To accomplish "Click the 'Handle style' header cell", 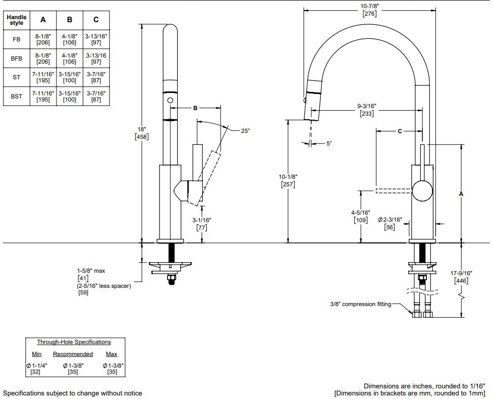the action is click(16, 20).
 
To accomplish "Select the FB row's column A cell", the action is click(43, 39).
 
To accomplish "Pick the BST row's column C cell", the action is click(96, 96).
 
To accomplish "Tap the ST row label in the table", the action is click(16, 77).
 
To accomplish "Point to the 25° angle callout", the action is click(246, 131).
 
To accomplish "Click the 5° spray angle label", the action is click(329, 143).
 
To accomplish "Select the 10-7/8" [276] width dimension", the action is click(369, 10).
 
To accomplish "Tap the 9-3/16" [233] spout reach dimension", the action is click(367, 110).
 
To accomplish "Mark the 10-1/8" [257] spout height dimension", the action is click(288, 181).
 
